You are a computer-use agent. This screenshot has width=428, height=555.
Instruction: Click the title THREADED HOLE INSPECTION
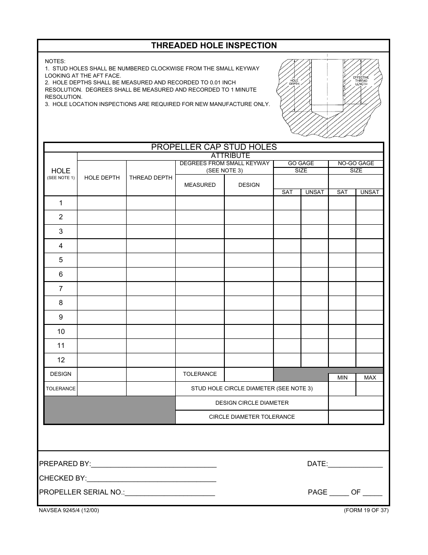[x=214, y=46]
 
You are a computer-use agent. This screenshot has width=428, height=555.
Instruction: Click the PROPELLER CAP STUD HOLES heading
[x=214, y=147]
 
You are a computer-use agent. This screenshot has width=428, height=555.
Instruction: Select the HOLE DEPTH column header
[x=102, y=178]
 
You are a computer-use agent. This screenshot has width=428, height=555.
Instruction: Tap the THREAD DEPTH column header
[x=151, y=178]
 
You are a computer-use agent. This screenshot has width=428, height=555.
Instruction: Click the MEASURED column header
[x=200, y=185]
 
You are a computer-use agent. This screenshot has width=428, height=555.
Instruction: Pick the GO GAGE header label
[x=301, y=163]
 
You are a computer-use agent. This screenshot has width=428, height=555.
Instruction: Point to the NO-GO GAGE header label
[x=356, y=163]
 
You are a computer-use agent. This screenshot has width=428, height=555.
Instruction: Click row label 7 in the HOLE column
[x=61, y=289]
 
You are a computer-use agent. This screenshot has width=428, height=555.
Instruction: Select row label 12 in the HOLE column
[x=61, y=360]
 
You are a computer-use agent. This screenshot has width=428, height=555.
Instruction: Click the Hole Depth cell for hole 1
[x=102, y=203]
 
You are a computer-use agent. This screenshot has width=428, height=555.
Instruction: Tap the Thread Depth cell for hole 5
[x=151, y=260]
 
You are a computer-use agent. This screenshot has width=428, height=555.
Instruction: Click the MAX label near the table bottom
[x=369, y=378]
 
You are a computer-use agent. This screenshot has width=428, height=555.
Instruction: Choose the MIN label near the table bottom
[x=342, y=378]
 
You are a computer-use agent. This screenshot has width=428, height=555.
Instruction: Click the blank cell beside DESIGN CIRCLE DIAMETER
[x=356, y=403]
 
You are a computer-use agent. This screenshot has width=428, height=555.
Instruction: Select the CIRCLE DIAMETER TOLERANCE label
[x=252, y=417]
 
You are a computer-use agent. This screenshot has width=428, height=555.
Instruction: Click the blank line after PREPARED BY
[x=154, y=464]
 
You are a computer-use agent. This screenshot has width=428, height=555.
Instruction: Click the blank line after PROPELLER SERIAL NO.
[x=170, y=493]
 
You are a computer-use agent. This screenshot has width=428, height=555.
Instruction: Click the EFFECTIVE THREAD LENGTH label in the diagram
[x=361, y=81]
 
